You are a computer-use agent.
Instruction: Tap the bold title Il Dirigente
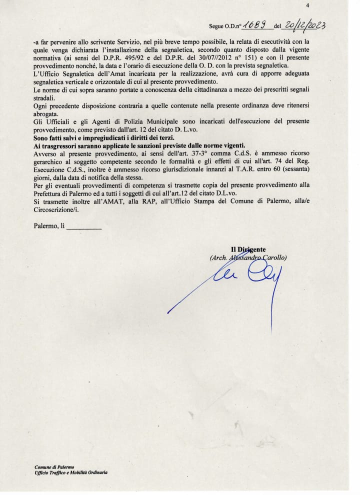tap(248, 249)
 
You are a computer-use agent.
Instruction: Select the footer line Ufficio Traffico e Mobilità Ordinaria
tap(71, 472)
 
